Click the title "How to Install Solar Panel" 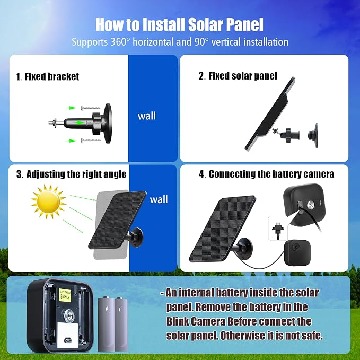click(179, 24)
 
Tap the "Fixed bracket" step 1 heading click(47, 76)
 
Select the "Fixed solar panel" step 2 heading click(238, 76)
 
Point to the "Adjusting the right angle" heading click(71, 174)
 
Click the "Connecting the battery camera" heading click(267, 174)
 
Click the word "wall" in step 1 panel click(147, 116)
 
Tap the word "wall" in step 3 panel click(159, 199)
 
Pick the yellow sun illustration click(48, 201)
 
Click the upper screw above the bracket click(91, 108)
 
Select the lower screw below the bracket click(91, 140)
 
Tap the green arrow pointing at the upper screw click(71, 108)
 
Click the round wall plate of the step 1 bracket click(108, 124)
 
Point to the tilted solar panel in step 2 click(269, 113)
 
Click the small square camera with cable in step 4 click(297, 252)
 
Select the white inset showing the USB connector click(278, 228)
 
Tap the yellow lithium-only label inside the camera click(65, 295)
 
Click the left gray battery click(106, 324)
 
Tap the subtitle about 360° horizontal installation click(180, 42)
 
